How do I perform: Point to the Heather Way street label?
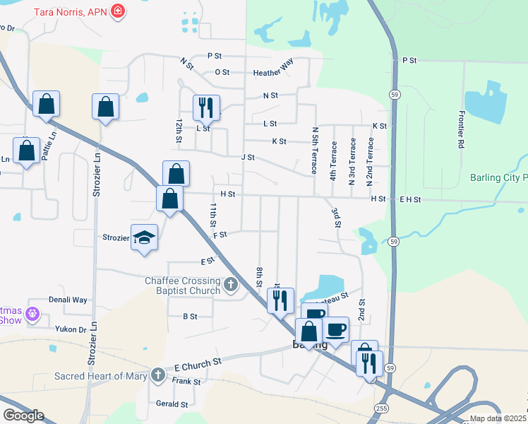pyautogui.click(x=273, y=72)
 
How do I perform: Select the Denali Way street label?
pyautogui.click(x=68, y=300)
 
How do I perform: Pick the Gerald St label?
pyautogui.click(x=172, y=404)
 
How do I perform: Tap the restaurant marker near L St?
pyautogui.click(x=206, y=107)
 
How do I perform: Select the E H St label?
pyautogui.click(x=409, y=200)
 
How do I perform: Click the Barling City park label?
pyautogui.click(x=498, y=177)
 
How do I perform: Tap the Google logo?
pyautogui.click(x=23, y=416)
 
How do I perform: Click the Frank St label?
pyautogui.click(x=186, y=382)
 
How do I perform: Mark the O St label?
pyautogui.click(x=222, y=72)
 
